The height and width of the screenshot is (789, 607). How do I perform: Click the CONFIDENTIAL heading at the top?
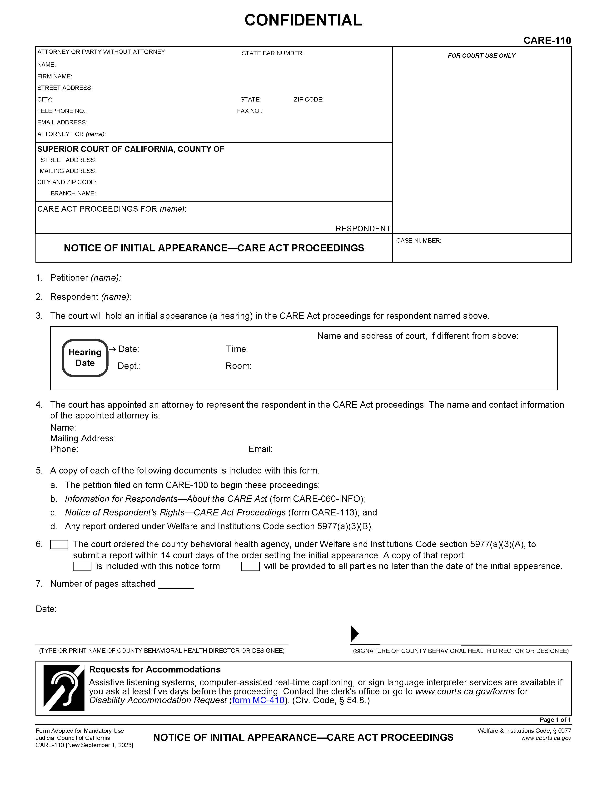click(303, 20)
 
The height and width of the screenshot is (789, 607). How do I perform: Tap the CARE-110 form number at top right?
click(547, 41)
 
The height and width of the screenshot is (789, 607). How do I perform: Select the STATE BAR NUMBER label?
click(273, 53)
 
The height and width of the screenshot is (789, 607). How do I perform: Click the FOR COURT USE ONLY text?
click(481, 56)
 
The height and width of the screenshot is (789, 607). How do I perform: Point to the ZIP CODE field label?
click(308, 99)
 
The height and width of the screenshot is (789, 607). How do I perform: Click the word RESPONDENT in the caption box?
click(363, 229)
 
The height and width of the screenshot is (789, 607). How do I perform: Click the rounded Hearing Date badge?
click(85, 358)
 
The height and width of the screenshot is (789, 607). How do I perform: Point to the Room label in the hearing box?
click(238, 366)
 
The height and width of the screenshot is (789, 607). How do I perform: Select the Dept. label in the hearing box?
click(129, 366)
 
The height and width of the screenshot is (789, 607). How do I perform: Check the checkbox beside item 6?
click(59, 545)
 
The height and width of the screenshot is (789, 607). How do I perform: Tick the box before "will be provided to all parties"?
click(250, 566)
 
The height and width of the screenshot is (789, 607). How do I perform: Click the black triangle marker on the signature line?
click(354, 633)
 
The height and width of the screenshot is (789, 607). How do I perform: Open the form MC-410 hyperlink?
click(258, 700)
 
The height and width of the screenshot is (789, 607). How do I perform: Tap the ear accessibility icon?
click(64, 688)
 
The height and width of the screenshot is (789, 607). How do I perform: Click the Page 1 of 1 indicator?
click(555, 720)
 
